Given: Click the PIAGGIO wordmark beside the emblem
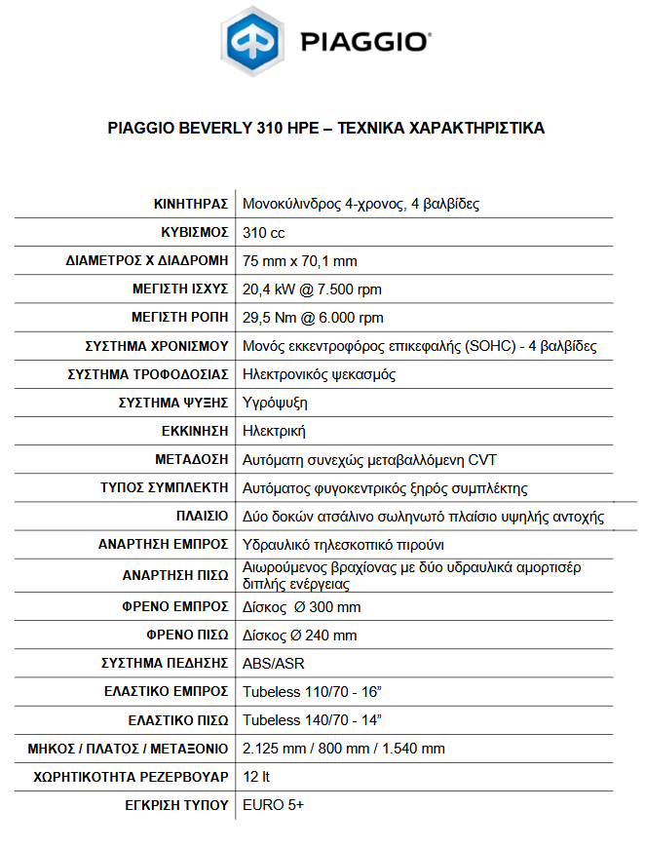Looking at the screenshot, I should (x=364, y=42).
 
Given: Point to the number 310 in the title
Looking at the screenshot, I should (x=270, y=128).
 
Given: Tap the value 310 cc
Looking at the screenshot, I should (x=264, y=233).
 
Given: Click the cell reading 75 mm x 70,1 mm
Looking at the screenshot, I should (x=300, y=261).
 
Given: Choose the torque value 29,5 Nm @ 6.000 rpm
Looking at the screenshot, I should (x=314, y=318).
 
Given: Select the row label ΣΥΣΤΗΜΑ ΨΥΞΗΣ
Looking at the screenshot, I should (x=173, y=403).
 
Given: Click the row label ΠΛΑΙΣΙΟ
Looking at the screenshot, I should (x=203, y=516).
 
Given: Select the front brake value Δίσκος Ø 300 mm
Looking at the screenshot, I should (x=302, y=607).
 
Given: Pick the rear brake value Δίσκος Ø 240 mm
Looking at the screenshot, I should (x=300, y=636).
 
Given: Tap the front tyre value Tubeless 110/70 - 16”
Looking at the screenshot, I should (x=312, y=692).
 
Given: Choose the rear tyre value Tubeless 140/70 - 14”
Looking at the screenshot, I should (x=312, y=720).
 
